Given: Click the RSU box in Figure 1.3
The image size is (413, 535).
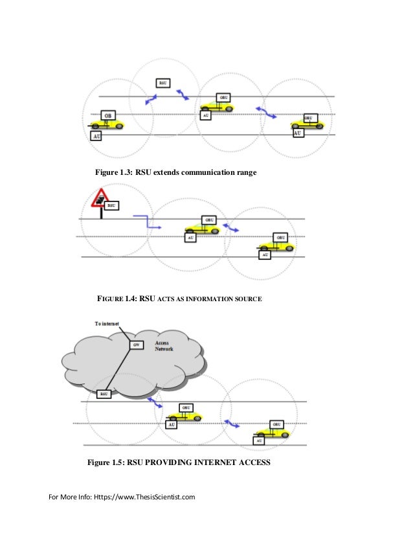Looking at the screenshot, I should click(163, 83).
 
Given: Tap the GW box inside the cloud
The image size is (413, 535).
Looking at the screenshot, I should click(136, 345).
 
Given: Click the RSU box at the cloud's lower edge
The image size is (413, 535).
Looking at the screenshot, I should click(104, 393).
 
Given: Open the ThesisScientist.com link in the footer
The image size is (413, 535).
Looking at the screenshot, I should click(145, 497).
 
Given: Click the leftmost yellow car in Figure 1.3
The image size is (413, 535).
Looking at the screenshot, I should click(112, 122).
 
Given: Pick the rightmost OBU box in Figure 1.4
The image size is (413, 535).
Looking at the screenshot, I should click(280, 238).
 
